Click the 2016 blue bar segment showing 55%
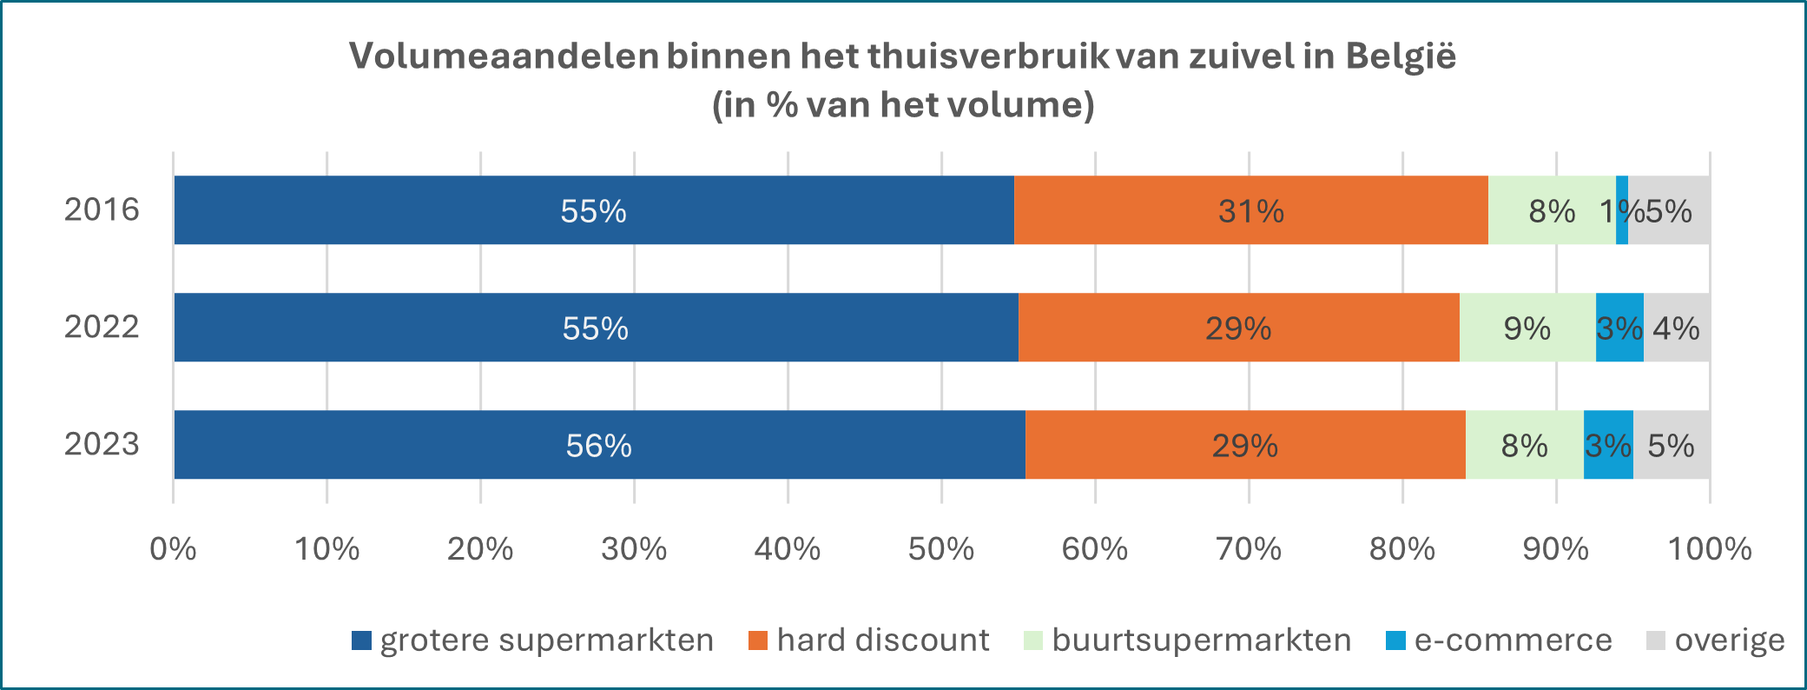[x=593, y=210]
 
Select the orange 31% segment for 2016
[x=1250, y=210]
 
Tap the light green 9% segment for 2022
[x=1527, y=328]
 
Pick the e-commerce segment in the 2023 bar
[x=1608, y=445]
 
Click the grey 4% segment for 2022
[x=1677, y=328]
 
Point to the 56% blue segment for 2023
[x=598, y=445]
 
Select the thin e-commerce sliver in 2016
[x=1622, y=210]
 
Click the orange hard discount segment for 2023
[x=1244, y=445]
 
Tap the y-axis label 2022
[x=102, y=328]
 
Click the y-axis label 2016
[x=102, y=210]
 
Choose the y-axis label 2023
[x=102, y=445]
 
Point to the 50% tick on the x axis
[x=941, y=549]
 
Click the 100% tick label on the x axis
[x=1709, y=549]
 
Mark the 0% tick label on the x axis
[x=173, y=549]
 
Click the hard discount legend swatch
[x=758, y=641]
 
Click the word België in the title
[x=1401, y=56]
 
